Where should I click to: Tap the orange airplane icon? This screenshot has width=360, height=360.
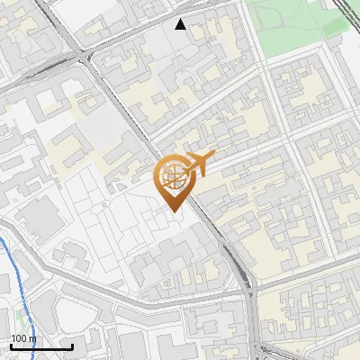pos(197,164)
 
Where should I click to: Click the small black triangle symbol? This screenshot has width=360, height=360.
pos(181,24)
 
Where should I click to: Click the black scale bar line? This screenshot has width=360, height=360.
pos(41,347)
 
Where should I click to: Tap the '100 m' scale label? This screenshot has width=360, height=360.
pos(23,338)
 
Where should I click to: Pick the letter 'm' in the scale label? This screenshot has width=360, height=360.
pos(32,338)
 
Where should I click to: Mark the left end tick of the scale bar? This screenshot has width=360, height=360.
pos(11,346)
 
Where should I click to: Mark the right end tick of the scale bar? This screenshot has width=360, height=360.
pos(72,346)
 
